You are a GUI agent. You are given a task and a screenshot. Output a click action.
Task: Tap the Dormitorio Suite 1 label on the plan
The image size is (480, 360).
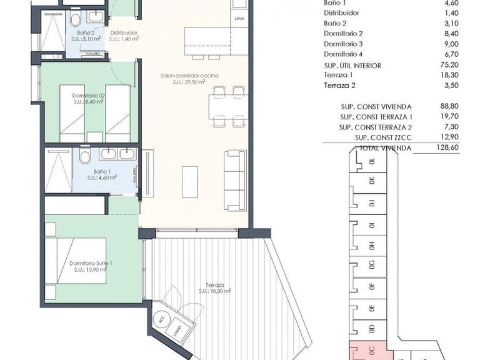[x=91, y=263]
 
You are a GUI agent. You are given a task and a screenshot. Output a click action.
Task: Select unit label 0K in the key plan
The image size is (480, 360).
[x=372, y=181]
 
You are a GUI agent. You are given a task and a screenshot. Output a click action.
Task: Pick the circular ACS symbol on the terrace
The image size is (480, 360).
[x=161, y=319]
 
